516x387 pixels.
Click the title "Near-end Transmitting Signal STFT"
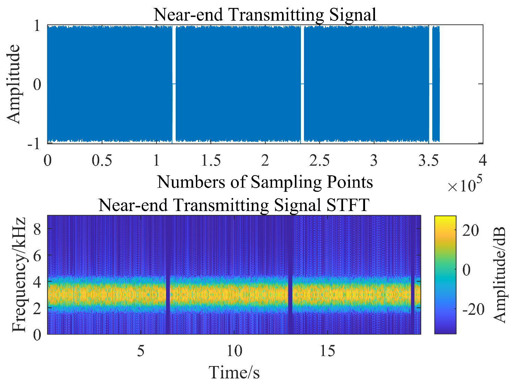pos(234,205)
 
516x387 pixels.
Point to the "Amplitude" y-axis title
pos(14,84)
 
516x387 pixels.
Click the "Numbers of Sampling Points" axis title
pos(265,182)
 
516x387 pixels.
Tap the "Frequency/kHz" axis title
pos(19,275)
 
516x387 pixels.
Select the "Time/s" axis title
pos(234,373)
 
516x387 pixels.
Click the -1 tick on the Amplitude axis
pos(34,144)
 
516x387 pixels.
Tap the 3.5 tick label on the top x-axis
pos(428,161)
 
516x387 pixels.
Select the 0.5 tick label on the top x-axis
pos(102,161)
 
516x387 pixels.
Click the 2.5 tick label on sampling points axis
pos(319,161)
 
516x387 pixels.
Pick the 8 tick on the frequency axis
pos(37,229)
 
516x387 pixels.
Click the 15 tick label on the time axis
pos(327,351)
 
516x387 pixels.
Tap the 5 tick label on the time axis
pos(141,351)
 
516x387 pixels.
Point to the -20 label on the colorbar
pos(473,309)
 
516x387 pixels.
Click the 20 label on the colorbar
pos(470,231)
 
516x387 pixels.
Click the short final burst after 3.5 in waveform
pos(436,84)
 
